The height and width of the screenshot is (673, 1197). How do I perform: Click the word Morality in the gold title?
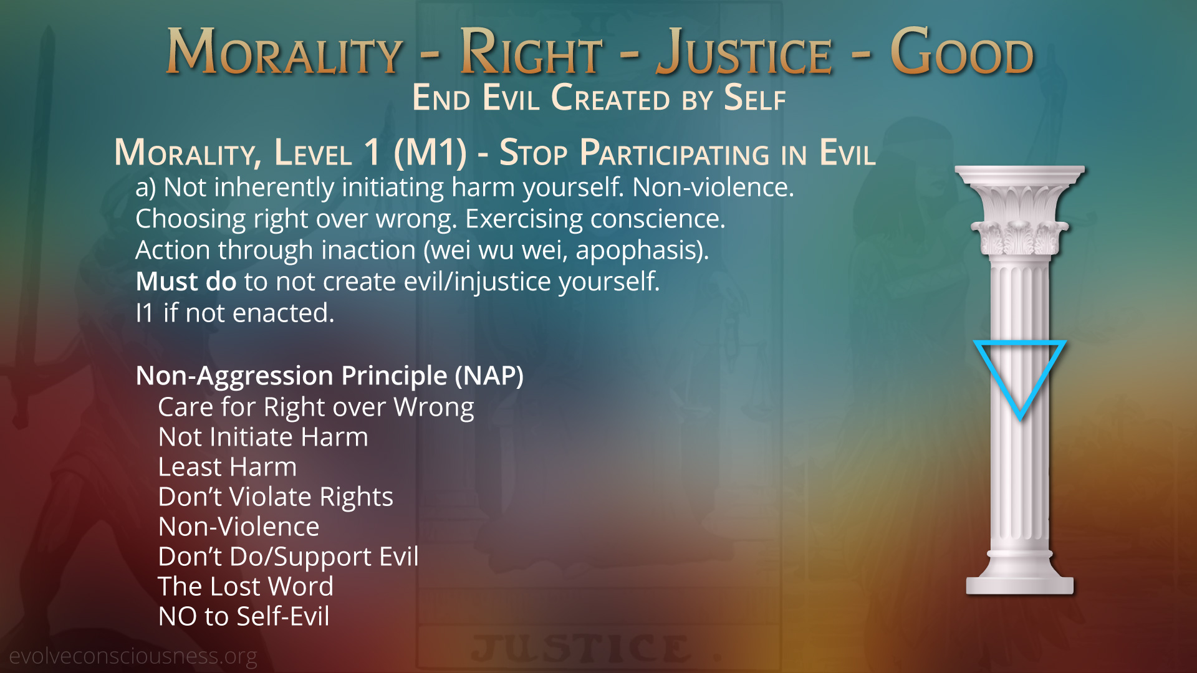click(284, 52)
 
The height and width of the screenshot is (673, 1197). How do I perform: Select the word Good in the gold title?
click(962, 52)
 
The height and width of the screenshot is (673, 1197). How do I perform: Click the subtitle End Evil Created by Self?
click(599, 98)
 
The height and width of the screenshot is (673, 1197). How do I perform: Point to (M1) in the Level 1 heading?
click(430, 153)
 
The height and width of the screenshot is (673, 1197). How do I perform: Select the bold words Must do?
click(186, 282)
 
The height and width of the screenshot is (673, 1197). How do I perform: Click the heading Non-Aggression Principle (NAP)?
click(330, 376)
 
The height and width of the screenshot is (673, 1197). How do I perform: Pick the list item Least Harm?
click(228, 467)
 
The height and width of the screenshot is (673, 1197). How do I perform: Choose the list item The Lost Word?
click(246, 586)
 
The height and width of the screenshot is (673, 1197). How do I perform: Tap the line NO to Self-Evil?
click(244, 616)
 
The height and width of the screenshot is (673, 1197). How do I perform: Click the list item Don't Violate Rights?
click(276, 497)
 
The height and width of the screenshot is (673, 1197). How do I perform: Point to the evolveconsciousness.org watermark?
click(133, 656)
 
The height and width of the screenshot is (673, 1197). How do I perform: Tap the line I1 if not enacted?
click(235, 313)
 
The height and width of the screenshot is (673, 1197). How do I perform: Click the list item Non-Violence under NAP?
click(239, 527)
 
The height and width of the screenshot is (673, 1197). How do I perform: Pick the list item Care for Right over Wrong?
click(316, 408)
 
